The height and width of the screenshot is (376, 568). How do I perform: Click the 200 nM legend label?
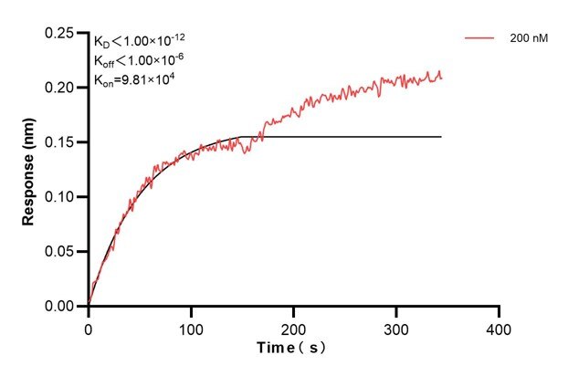click(529, 38)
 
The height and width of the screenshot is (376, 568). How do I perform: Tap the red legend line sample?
click(479, 38)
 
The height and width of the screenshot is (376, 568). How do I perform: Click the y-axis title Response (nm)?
click(31, 170)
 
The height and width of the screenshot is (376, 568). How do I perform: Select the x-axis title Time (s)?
click(293, 348)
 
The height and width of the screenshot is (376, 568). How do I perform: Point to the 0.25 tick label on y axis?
click(60, 33)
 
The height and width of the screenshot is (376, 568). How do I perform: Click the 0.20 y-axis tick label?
click(60, 88)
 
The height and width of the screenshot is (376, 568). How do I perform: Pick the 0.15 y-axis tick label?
click(60, 142)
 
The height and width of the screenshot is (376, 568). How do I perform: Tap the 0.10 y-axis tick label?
click(60, 197)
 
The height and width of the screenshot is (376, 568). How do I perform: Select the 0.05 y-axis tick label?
click(60, 252)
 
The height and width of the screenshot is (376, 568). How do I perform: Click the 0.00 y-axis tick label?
click(60, 307)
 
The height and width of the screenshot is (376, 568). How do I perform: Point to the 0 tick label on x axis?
click(89, 326)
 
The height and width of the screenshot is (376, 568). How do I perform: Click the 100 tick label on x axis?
click(191, 326)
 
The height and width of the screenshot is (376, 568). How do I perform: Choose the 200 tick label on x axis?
click(294, 326)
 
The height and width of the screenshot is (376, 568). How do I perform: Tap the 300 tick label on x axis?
click(396, 326)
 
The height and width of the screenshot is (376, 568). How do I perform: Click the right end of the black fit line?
click(442, 137)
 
